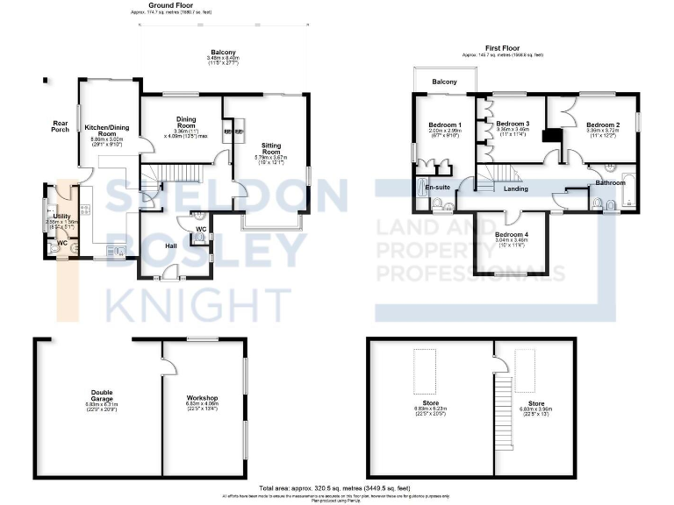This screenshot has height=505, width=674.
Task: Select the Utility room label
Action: click(61, 216)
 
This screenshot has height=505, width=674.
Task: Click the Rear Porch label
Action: click(61, 128)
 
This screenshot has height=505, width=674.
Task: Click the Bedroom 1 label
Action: click(445, 125)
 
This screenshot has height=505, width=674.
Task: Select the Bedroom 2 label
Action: click(603, 125)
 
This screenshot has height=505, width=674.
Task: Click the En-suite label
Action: click(437, 188)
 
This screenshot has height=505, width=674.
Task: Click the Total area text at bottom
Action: click(336, 487)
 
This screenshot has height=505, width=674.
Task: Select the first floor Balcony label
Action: click(444, 82)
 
